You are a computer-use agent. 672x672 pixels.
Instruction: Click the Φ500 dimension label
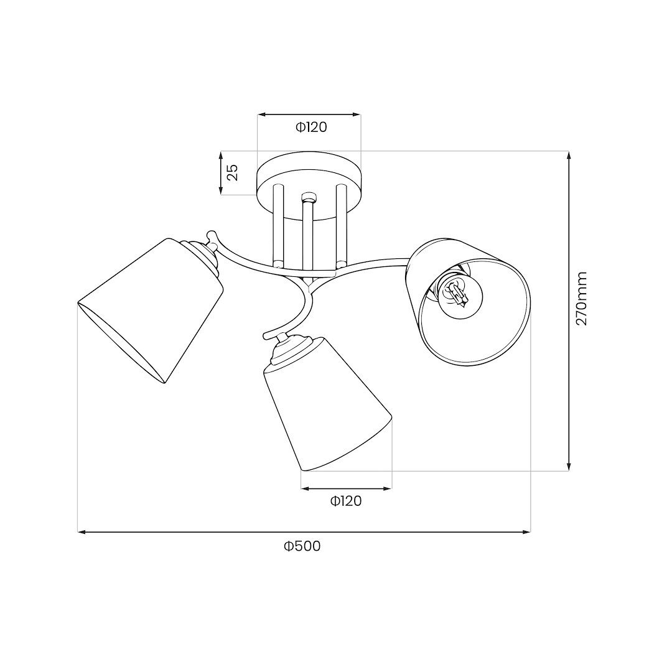[x=302, y=546]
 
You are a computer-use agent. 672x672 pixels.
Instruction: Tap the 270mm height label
[x=581, y=298]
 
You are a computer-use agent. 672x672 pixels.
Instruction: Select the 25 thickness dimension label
[x=232, y=172]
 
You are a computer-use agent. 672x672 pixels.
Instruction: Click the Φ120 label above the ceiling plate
[x=310, y=128]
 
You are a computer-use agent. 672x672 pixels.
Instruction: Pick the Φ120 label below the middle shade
[x=346, y=500]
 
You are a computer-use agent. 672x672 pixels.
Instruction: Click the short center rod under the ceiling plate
[x=308, y=233]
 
